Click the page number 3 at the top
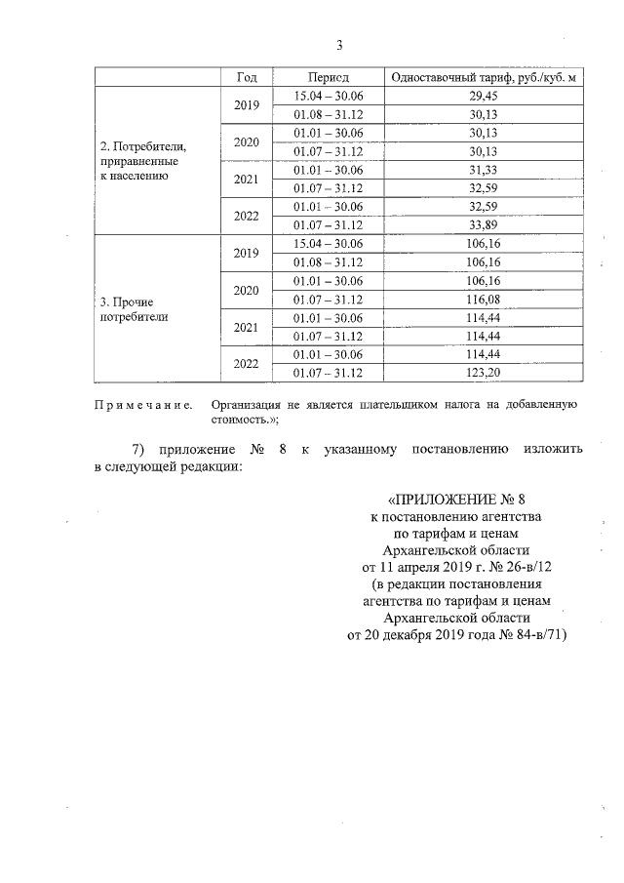point(339,45)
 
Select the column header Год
point(247,76)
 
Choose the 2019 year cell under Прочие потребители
point(247,253)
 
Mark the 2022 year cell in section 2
point(247,216)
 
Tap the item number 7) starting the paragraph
point(142,449)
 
